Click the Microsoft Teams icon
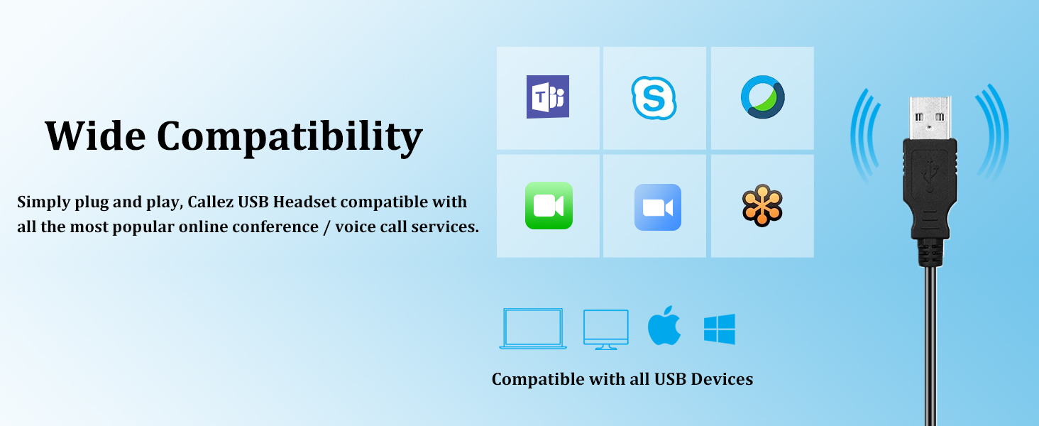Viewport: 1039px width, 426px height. [547, 97]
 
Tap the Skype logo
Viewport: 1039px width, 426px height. [654, 98]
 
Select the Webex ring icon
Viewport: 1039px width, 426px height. [762, 97]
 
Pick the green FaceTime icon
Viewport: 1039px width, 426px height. [549, 206]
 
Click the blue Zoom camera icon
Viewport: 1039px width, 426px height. [658, 207]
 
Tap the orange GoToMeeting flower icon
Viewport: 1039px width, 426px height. [762, 206]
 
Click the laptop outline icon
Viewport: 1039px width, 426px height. [533, 329]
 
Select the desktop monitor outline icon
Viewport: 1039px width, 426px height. [606, 329]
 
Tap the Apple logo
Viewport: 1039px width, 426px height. [664, 326]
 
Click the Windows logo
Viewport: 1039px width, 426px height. [720, 329]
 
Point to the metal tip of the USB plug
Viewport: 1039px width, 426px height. [930, 117]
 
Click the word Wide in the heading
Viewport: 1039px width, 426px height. [95, 136]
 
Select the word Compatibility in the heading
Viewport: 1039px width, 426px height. [290, 138]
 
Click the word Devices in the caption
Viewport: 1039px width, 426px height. [722, 379]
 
